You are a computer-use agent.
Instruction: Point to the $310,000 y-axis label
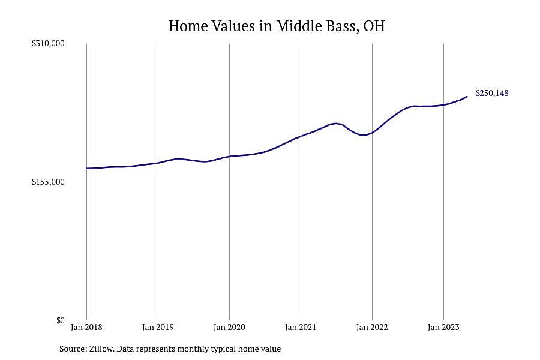point(48,43)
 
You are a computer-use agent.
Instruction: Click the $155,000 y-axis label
point(48,182)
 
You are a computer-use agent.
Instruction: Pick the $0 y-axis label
point(60,321)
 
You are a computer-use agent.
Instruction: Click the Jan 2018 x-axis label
point(86,327)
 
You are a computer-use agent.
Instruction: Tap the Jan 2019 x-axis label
point(158,327)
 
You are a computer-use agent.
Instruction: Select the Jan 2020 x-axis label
point(229,327)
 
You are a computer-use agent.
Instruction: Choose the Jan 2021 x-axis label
point(301,327)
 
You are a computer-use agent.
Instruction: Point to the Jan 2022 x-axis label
point(372,327)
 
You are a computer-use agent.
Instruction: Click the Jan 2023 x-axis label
point(443,327)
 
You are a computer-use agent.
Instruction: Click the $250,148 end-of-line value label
point(492,94)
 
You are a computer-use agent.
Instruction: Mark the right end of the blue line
point(467,97)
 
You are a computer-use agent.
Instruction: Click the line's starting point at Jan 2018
point(86,169)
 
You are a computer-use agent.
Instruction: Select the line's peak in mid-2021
point(336,124)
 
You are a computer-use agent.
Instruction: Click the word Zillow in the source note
point(101,349)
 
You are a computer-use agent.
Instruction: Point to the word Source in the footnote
point(73,349)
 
